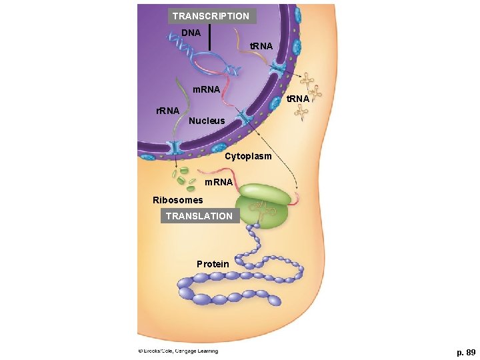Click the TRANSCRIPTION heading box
[210, 16]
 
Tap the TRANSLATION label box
[199, 216]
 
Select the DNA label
[191, 33]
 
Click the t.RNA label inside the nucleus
[261, 46]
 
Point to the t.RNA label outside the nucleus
[297, 99]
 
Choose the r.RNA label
[167, 110]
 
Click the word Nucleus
[207, 121]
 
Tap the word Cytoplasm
[248, 157]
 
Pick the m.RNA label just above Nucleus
[206, 89]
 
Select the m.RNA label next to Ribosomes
[219, 182]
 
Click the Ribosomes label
[177, 200]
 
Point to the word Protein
[213, 264]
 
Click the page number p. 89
[465, 352]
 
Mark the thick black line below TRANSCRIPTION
[209, 37]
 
